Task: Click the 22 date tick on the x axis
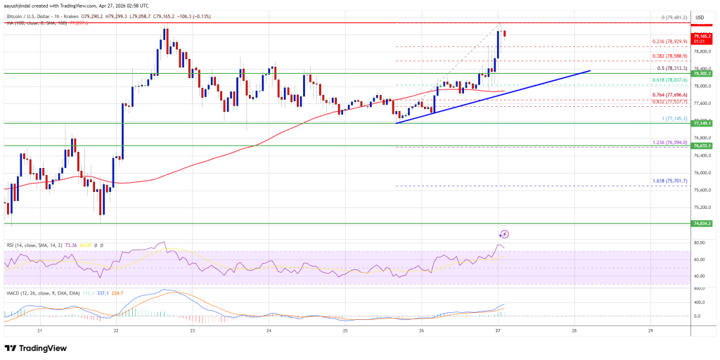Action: (x=116, y=330)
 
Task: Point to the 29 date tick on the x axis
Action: (x=651, y=330)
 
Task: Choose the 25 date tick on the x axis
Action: (x=345, y=330)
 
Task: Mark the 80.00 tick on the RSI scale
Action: (x=699, y=243)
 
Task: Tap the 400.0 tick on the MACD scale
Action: (x=699, y=302)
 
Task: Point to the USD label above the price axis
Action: (x=699, y=17)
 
